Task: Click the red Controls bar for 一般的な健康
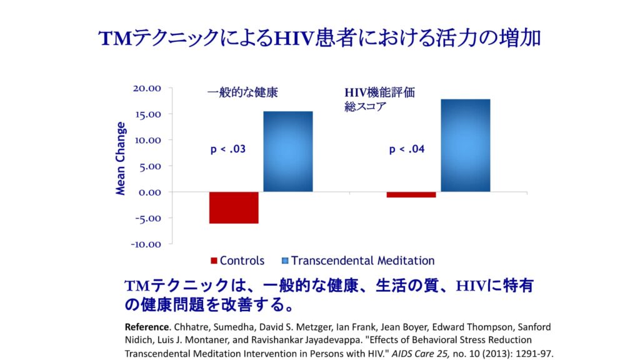coord(234,207)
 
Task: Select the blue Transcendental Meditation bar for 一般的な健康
coord(287,151)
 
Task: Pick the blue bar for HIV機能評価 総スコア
coord(465,145)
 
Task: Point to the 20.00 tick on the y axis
coord(147,88)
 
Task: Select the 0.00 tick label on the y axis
coord(148,192)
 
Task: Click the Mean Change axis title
coord(121,159)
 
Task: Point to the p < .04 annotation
coord(407,149)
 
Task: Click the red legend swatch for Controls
coord(214,261)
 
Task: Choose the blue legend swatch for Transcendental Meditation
coord(286,261)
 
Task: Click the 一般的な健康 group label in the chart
coord(242,92)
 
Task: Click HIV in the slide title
coord(292,38)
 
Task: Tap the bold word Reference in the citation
coord(147,327)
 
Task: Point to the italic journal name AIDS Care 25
coord(407,354)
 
